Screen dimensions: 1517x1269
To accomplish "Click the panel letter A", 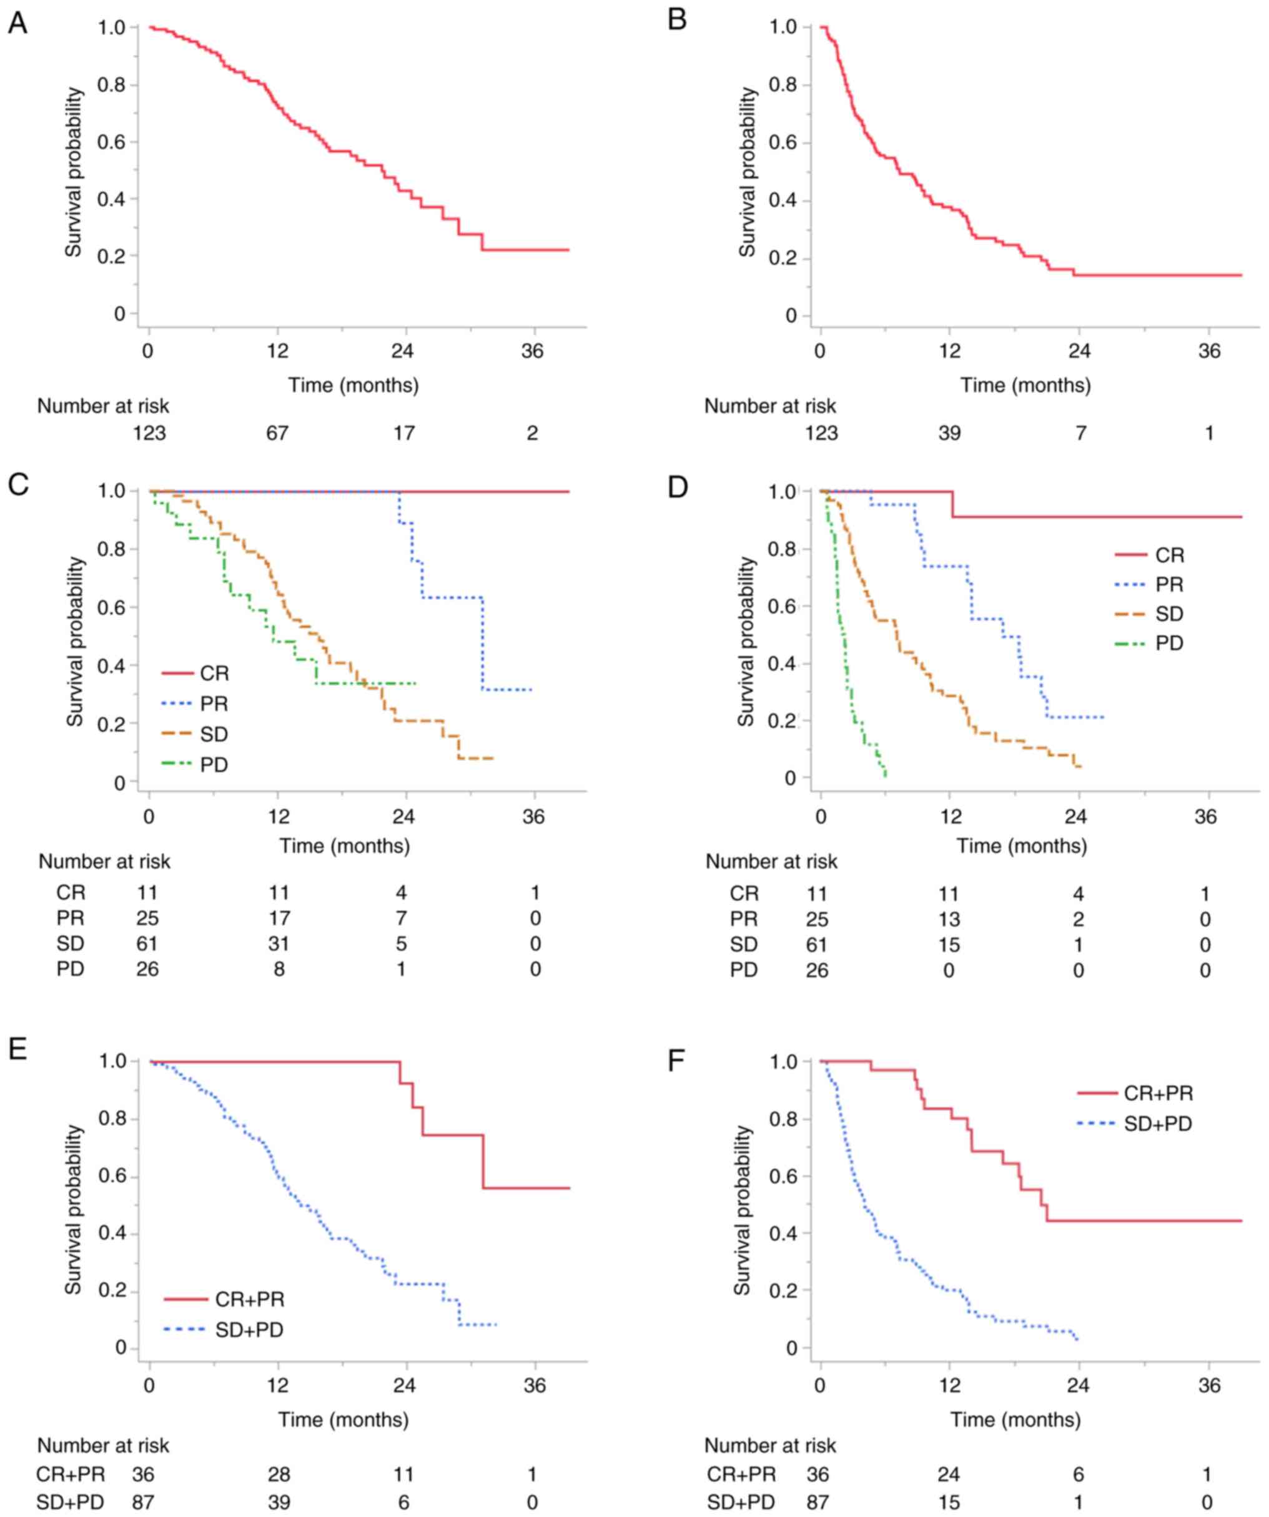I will point(17,23).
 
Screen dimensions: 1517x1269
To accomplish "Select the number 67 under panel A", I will point(277,433).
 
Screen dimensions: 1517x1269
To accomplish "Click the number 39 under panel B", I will point(949,433).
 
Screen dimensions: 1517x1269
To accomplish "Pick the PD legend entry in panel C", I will point(214,765).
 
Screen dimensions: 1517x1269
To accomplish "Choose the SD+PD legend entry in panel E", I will point(249,1329).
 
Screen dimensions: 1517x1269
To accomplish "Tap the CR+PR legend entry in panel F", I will point(1158,1093).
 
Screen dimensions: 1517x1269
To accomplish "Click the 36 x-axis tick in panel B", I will point(1209,351).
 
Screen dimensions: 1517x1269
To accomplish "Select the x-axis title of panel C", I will point(345,845).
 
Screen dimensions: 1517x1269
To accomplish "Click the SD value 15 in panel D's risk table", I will point(949,945).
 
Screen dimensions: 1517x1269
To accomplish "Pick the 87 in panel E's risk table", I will point(143,1503).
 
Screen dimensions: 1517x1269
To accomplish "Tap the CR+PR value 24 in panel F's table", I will point(949,1475).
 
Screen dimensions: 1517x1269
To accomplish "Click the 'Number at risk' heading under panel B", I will point(770,406).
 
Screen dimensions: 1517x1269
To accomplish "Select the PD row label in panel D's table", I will point(744,970).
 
